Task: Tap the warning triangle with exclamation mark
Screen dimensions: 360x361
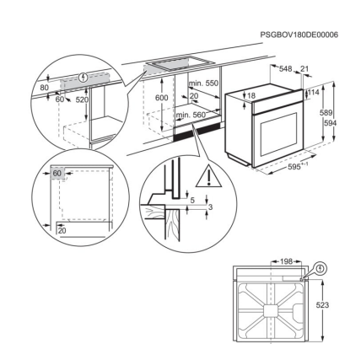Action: (207, 177)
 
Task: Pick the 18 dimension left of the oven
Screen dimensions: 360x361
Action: (251, 96)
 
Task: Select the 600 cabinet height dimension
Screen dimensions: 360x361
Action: (161, 98)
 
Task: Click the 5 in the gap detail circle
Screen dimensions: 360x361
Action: (191, 201)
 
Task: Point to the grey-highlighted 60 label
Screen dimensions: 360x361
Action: (57, 173)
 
